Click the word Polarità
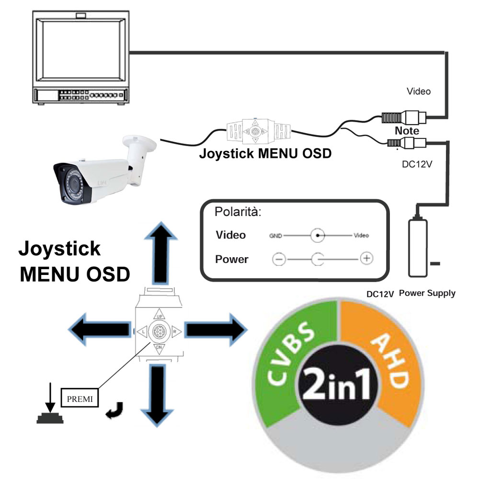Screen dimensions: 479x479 point(238,212)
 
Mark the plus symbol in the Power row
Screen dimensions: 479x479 point(366,259)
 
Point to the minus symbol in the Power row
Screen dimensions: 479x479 point(279,259)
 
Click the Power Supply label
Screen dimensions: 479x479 point(427,293)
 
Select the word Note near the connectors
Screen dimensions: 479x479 point(407,130)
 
